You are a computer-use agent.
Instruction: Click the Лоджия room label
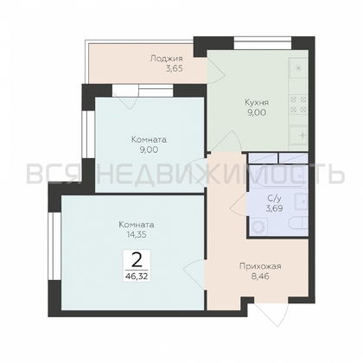(x=166, y=59)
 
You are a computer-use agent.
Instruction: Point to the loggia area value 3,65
(x=174, y=69)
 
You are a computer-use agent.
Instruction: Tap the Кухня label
(x=257, y=102)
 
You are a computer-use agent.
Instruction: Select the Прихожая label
(x=260, y=266)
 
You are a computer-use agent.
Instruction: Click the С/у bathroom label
(x=273, y=198)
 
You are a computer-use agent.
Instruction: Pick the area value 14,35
(x=137, y=234)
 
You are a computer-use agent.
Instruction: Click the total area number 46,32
(x=137, y=277)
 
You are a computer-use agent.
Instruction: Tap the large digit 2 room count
(x=137, y=260)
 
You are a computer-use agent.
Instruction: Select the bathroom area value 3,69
(x=273, y=208)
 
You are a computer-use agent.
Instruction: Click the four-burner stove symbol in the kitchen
(x=299, y=105)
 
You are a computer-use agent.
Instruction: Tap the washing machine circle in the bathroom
(x=259, y=226)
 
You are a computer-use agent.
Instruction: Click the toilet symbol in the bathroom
(x=297, y=225)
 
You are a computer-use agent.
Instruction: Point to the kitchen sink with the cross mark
(x=299, y=135)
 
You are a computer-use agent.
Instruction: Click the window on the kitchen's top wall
(x=262, y=42)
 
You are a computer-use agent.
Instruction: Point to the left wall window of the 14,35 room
(x=54, y=246)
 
